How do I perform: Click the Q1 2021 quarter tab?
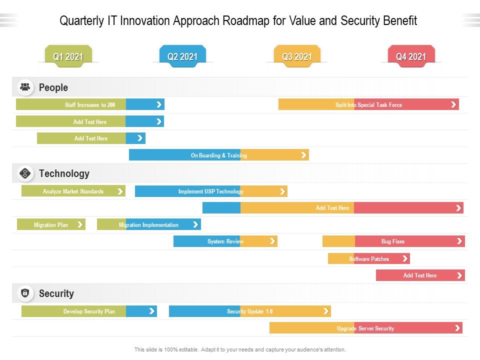68,56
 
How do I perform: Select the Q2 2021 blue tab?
182,56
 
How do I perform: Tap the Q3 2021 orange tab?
297,56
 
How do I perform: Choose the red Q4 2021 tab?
411,56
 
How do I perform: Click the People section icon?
25,87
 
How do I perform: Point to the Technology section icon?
25,173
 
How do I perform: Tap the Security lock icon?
25,293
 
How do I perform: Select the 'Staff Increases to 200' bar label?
90,105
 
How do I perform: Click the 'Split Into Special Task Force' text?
368,105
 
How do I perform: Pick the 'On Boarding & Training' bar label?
219,155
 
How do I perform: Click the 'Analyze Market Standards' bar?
73,191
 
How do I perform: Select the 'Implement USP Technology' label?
211,191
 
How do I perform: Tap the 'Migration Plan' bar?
51,225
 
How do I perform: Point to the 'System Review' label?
225,241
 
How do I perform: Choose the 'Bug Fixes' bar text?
393,241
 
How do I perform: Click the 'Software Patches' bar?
369,259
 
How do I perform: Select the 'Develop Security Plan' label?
89,311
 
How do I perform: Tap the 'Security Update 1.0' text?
250,311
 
